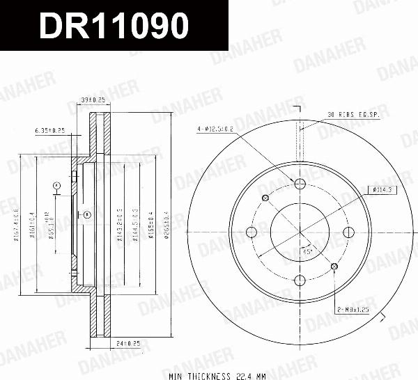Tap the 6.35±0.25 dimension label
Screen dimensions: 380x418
(x=49, y=130)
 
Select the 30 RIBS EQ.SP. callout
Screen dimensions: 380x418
(x=353, y=114)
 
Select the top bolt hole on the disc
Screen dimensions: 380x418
(x=300, y=184)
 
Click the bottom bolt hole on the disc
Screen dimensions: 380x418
(x=300, y=280)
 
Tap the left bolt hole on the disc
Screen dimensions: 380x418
(x=251, y=232)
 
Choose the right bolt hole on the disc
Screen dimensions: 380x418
(x=349, y=232)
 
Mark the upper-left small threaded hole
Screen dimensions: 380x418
(x=265, y=198)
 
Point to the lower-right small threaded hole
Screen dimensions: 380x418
(x=335, y=267)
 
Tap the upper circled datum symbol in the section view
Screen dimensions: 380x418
(x=56, y=185)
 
